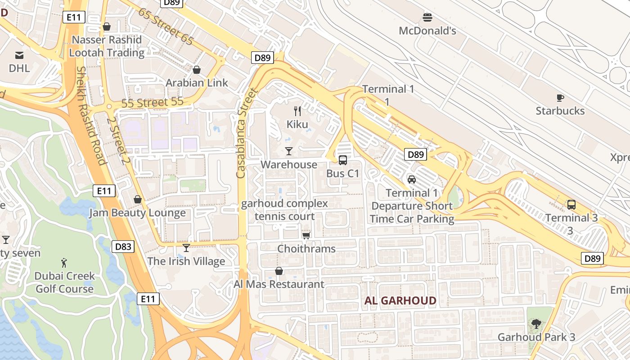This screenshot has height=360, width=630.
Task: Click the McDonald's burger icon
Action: [427, 18]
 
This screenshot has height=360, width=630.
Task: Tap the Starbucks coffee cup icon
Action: [560, 98]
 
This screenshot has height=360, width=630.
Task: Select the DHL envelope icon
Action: [19, 55]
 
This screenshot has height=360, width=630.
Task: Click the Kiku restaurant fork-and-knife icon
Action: [297, 111]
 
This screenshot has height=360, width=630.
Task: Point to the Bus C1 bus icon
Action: [343, 160]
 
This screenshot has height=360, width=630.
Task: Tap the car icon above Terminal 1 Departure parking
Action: [411, 180]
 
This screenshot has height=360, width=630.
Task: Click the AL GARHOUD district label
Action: [400, 301]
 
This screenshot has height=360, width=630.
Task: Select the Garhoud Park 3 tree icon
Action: [536, 324]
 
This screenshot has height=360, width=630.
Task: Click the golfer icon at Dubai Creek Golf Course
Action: [64, 262]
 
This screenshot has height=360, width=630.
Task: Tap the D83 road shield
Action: [123, 246]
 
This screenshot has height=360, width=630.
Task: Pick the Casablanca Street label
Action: [247, 133]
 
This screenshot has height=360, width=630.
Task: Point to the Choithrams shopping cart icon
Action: [306, 235]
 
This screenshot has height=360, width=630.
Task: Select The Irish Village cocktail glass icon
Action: [186, 248]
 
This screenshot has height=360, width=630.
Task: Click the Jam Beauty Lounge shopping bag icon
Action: [138, 199]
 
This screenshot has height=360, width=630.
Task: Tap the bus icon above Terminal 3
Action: [571, 205]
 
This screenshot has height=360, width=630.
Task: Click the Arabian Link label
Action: [197, 83]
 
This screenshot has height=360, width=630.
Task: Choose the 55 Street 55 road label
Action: [153, 102]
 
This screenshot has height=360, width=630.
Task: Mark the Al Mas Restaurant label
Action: [279, 284]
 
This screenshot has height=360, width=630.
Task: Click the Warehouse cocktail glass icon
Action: [289, 151]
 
